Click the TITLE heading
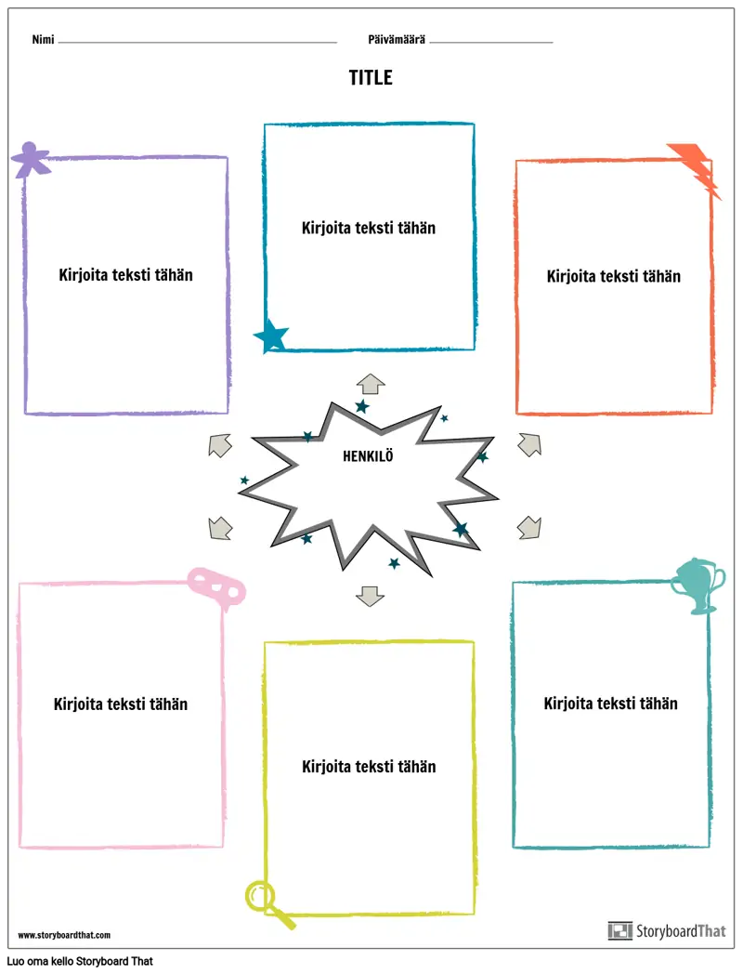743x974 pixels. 371,78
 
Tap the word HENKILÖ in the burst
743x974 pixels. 368,456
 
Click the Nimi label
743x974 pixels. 43,40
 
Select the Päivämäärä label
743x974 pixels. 397,40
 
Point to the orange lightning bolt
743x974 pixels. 695,169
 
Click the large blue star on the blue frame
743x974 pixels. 271,336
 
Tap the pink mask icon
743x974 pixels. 216,586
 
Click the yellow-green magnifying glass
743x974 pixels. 267,902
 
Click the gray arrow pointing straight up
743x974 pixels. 371,384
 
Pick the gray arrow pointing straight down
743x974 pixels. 370,596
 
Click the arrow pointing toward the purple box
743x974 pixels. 220,445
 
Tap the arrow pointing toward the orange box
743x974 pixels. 529,445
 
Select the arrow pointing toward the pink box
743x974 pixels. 220,528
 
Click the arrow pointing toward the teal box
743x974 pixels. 528,528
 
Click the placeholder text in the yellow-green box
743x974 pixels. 369,767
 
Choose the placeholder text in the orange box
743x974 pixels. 613,276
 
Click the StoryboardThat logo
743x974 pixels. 667,930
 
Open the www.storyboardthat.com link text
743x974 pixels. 65,935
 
